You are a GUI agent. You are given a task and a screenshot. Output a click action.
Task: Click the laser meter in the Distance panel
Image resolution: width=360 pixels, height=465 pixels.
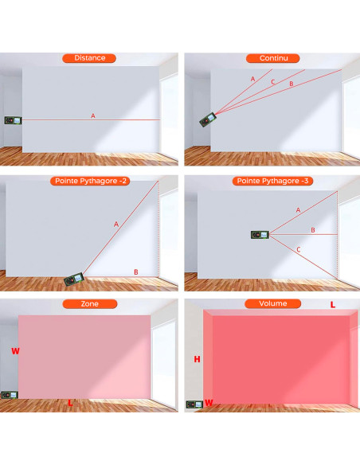click(12, 120)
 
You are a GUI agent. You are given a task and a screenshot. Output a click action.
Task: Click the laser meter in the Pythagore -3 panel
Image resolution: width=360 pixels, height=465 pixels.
click(260, 234)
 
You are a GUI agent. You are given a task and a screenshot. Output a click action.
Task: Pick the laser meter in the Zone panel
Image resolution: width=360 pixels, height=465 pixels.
click(10, 396)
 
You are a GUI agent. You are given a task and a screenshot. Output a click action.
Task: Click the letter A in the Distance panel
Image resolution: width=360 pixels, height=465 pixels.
click(92, 116)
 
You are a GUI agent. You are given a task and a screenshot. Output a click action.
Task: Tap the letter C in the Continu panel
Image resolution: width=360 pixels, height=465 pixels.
click(272, 81)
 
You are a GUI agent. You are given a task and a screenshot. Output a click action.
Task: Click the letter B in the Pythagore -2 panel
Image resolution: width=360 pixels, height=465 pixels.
click(136, 272)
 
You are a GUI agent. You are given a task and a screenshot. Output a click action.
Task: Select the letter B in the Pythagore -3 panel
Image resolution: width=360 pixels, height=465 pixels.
click(312, 230)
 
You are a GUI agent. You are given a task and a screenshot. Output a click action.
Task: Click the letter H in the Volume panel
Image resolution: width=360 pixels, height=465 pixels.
click(197, 360)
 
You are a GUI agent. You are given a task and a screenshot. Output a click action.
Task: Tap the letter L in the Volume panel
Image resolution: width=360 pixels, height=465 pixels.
click(332, 305)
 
